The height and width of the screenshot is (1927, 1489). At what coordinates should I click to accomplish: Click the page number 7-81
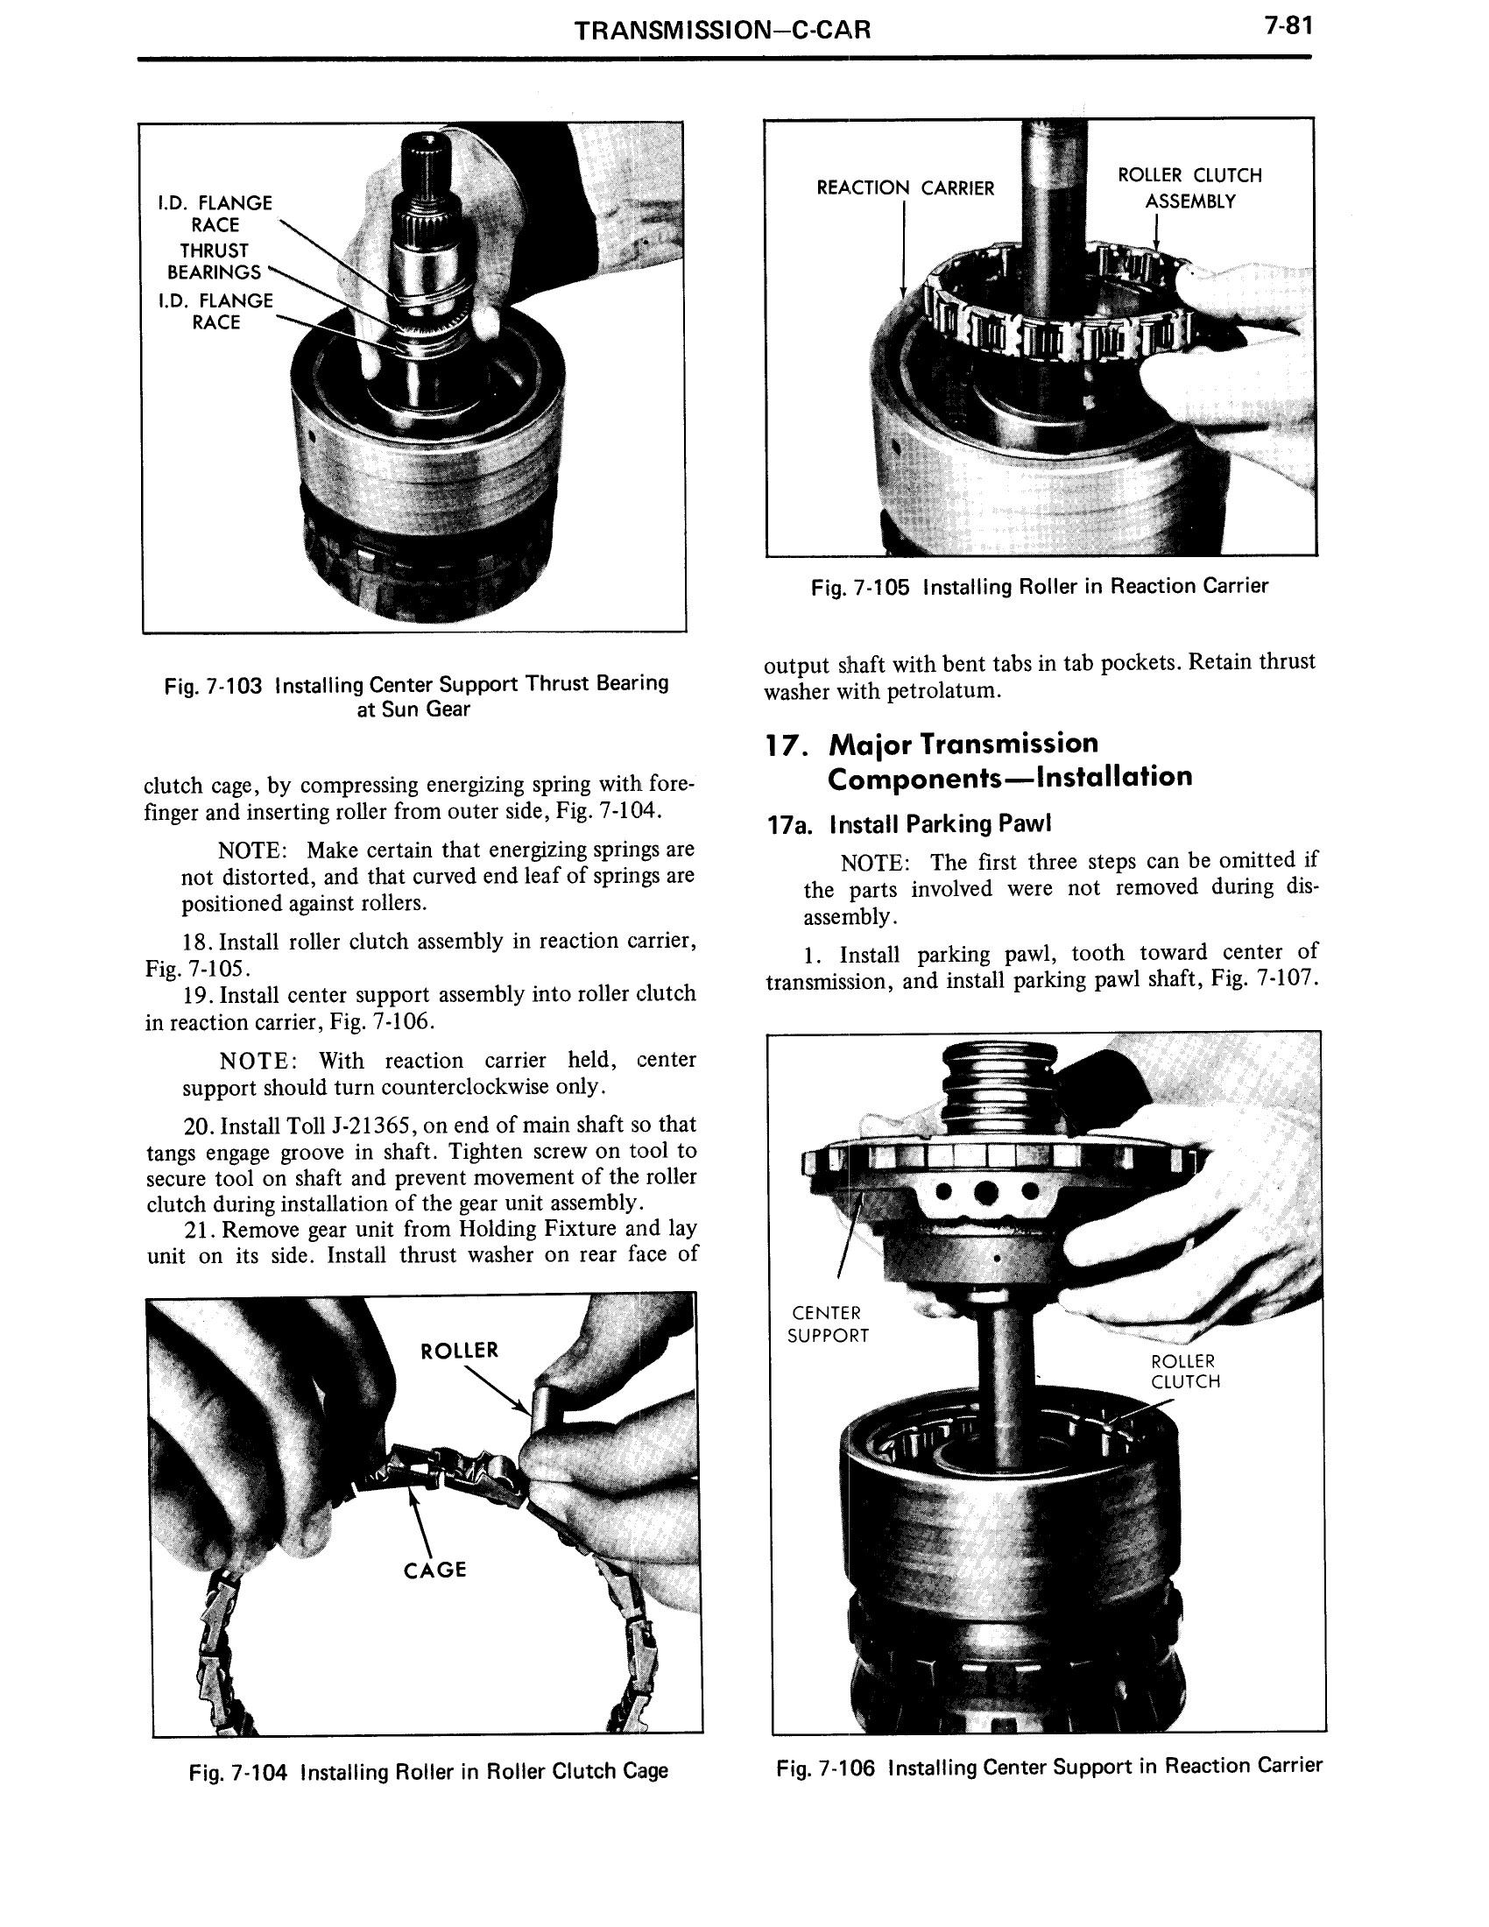[x=1288, y=27]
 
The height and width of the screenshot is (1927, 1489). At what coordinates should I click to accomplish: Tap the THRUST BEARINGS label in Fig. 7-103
[x=215, y=262]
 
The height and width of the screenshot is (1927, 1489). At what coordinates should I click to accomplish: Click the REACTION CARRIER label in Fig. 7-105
[x=905, y=188]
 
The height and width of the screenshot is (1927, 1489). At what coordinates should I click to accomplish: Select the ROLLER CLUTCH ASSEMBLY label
[x=1189, y=188]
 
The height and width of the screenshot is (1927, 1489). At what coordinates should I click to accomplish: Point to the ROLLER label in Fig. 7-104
[x=460, y=1351]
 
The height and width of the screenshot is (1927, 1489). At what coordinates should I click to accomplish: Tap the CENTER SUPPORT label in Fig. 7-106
[x=828, y=1324]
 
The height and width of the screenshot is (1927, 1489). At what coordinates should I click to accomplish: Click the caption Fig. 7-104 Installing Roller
[x=427, y=1771]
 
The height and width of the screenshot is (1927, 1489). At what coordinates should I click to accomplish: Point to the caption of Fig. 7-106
[x=1048, y=1767]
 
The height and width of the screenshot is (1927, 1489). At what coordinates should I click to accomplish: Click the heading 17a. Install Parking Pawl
[x=909, y=824]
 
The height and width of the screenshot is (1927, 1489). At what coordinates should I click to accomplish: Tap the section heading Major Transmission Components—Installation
[x=979, y=760]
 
